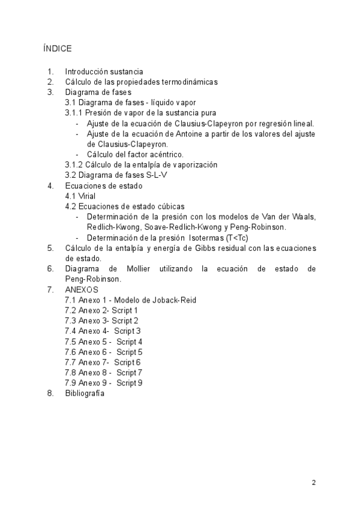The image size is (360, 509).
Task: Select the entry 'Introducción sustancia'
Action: point(104,71)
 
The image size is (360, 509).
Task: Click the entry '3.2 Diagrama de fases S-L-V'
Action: point(109,175)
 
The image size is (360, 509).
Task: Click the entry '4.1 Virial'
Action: point(80,196)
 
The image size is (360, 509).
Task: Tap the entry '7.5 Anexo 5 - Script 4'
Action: point(103,342)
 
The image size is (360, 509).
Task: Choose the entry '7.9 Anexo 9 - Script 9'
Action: point(103,383)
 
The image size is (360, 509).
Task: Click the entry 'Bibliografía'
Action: point(85,394)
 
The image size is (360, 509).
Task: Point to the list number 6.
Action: point(50,269)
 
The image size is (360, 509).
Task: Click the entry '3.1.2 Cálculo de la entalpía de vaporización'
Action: point(141,164)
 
